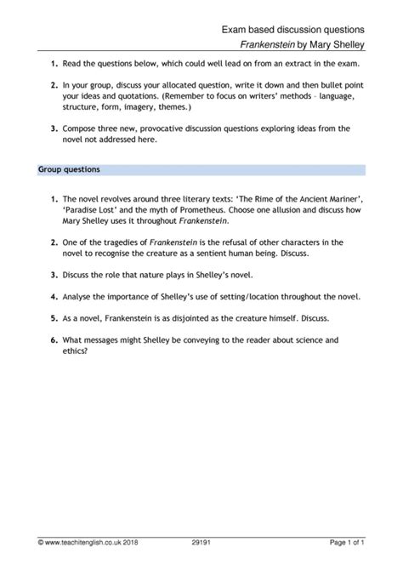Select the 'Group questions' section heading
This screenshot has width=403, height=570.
[x=70, y=169]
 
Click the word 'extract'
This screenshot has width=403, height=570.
[x=300, y=62]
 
